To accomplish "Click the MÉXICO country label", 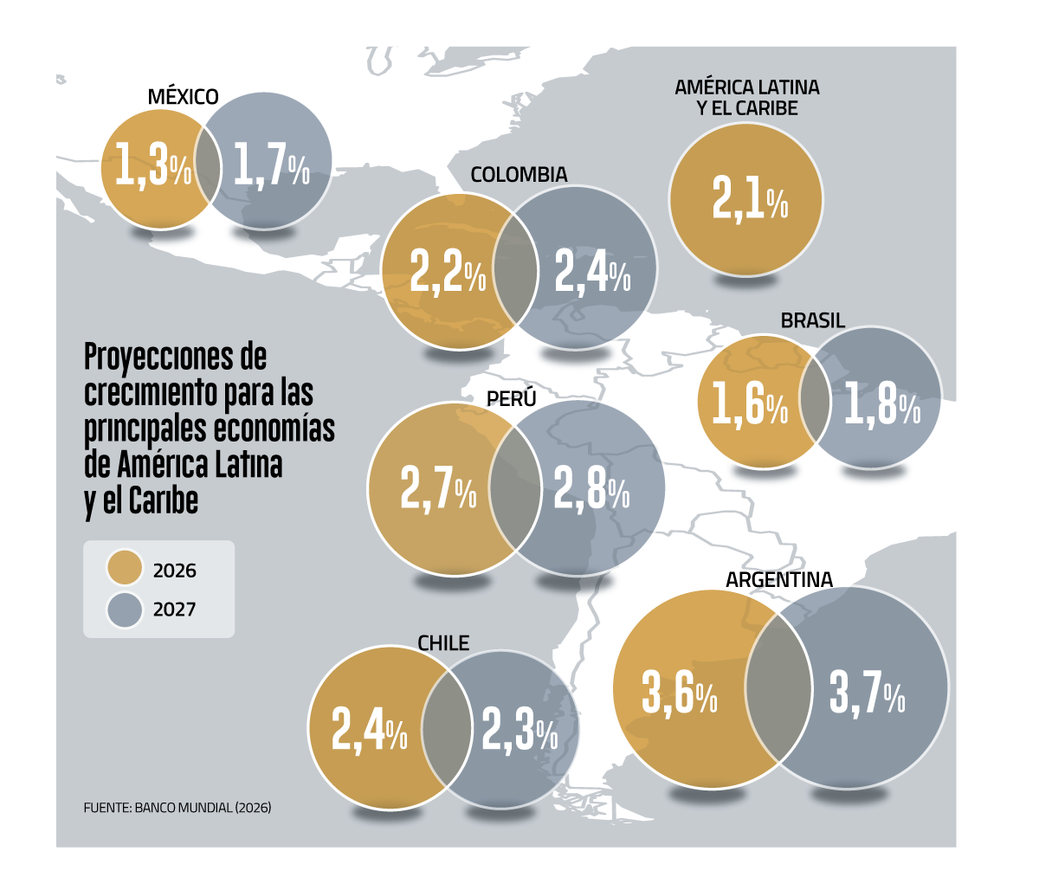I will (x=183, y=96).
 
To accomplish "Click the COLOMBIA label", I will (x=519, y=175).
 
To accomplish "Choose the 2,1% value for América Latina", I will (x=750, y=198).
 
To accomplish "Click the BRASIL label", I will (x=812, y=321).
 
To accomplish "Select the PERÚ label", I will (x=511, y=399).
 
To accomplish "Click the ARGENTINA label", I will (x=778, y=580).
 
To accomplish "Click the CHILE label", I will (x=443, y=643).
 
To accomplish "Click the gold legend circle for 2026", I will (x=125, y=570).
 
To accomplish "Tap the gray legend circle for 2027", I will (x=125, y=609).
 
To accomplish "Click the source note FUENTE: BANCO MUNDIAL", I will (x=177, y=807).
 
